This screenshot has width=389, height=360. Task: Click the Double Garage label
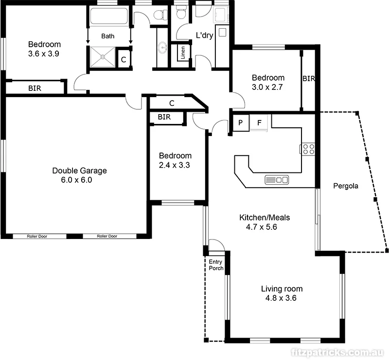pos(79,171)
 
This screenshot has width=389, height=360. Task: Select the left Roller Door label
pos(39,237)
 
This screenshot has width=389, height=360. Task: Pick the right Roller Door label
pos(107,237)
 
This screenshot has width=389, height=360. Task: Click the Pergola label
pos(346,186)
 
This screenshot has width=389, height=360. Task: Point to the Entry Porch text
pos(215,265)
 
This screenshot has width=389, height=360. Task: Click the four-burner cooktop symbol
pos(308,149)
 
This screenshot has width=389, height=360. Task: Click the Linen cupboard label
pos(182,52)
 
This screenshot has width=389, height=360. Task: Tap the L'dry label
pos(205,35)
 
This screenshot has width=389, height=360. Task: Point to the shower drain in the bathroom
pos(103,57)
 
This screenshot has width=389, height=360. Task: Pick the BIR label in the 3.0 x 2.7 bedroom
pos(308,78)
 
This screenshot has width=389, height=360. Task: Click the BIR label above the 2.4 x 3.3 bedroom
pos(164,117)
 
